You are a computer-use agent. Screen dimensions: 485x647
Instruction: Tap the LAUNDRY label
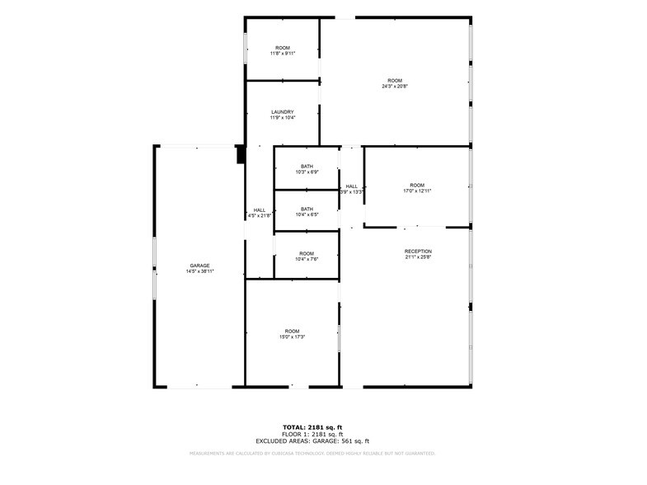click(283, 111)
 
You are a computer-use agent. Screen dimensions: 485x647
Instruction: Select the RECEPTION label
click(418, 251)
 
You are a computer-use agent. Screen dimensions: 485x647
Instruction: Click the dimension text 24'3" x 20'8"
click(395, 86)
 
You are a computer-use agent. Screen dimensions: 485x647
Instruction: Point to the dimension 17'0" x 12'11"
click(418, 191)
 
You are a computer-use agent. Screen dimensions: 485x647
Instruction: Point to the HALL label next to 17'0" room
click(352, 186)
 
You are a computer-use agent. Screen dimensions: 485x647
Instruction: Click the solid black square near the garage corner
click(241, 154)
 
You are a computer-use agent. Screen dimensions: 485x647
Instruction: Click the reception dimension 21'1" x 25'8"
click(418, 257)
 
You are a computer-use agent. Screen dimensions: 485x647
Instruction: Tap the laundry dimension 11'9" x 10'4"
click(283, 117)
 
